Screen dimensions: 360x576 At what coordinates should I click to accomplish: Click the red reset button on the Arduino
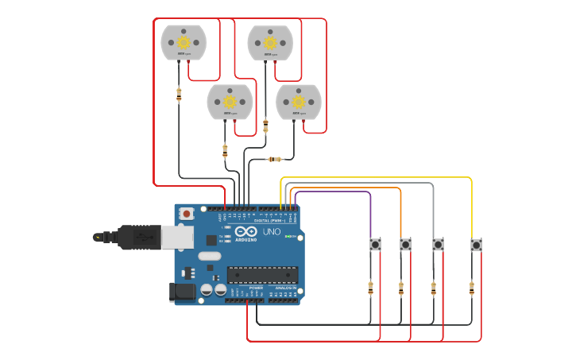187,213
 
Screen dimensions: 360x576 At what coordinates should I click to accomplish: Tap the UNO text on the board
273,231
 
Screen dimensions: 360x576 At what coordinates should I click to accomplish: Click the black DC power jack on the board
184,292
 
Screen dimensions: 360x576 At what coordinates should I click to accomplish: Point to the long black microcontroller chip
262,275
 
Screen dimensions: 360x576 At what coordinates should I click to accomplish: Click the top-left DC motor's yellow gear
183,42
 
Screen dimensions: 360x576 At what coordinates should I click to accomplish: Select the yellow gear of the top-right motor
270,42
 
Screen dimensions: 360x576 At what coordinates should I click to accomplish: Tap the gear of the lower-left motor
230,102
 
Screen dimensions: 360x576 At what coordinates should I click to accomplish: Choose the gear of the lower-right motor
299,102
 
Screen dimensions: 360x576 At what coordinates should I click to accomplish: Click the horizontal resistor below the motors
275,160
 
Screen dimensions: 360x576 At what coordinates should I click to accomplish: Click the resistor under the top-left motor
179,95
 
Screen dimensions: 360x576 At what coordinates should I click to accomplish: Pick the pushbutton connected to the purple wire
375,245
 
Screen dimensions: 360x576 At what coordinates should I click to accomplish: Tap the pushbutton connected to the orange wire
405,245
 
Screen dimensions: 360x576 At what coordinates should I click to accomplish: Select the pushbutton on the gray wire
438,245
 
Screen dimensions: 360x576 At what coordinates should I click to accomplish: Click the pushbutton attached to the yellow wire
476,245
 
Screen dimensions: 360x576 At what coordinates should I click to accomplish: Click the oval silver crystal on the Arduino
209,256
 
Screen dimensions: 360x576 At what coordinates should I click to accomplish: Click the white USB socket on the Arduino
176,236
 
